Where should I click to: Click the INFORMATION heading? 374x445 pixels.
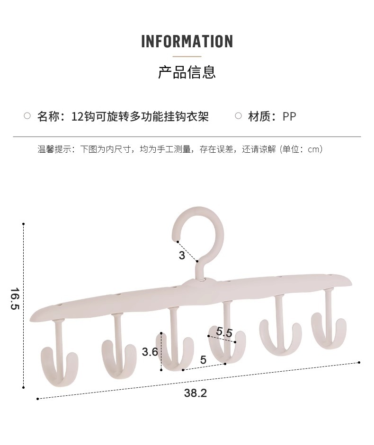click(187, 42)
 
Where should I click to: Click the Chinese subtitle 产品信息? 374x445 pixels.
click(187, 72)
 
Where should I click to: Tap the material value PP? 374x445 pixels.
click(289, 116)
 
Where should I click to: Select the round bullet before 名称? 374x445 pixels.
click(27, 116)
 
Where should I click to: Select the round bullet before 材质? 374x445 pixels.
click(238, 116)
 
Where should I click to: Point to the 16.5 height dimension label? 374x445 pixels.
click(14, 299)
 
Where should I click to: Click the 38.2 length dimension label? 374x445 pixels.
click(195, 393)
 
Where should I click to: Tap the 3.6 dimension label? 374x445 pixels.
click(150, 351)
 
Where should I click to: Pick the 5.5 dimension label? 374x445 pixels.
click(224, 332)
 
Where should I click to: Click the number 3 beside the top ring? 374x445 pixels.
click(182, 256)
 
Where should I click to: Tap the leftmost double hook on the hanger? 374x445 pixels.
click(59, 362)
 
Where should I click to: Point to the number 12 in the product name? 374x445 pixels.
click(77, 116)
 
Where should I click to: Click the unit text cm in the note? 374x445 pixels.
click(314, 149)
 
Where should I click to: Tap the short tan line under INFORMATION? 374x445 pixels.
click(187, 56)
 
